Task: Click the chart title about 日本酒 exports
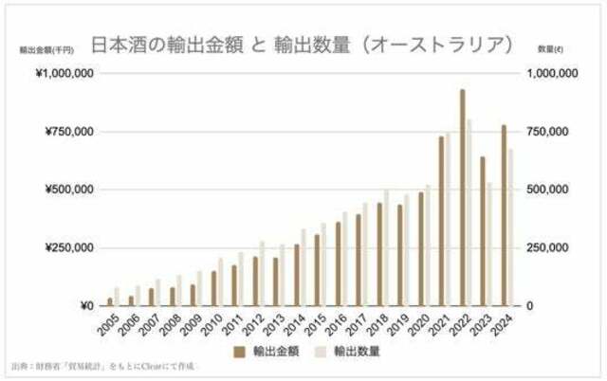point(303,45)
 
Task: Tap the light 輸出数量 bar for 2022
point(469,212)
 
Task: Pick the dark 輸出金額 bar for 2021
point(441,221)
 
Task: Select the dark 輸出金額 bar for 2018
point(378,254)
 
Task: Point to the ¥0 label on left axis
point(85,306)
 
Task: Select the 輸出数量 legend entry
point(344,351)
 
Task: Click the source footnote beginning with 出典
point(104,365)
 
